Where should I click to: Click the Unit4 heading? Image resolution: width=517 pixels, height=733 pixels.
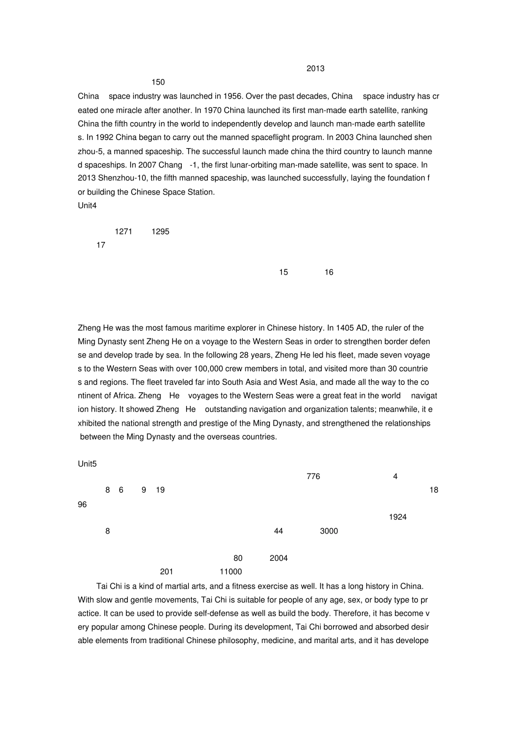click(x=87, y=205)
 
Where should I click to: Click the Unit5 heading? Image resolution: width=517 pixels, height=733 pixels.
click(x=87, y=464)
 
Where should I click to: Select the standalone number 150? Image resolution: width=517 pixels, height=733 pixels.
click(x=158, y=82)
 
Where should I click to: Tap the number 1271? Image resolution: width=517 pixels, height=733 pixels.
click(x=124, y=232)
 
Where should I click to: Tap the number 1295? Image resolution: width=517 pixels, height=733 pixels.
click(x=161, y=232)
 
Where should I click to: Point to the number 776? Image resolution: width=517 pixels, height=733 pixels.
click(x=313, y=476)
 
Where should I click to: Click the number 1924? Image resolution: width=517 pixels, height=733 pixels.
click(x=398, y=517)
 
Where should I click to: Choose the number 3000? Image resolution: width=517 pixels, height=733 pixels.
click(x=329, y=531)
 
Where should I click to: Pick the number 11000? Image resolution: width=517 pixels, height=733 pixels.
click(x=231, y=572)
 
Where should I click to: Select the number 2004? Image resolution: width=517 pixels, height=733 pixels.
click(x=279, y=558)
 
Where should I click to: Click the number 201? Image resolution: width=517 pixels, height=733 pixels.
click(x=167, y=572)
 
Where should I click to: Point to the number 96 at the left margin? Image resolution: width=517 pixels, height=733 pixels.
click(x=82, y=505)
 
